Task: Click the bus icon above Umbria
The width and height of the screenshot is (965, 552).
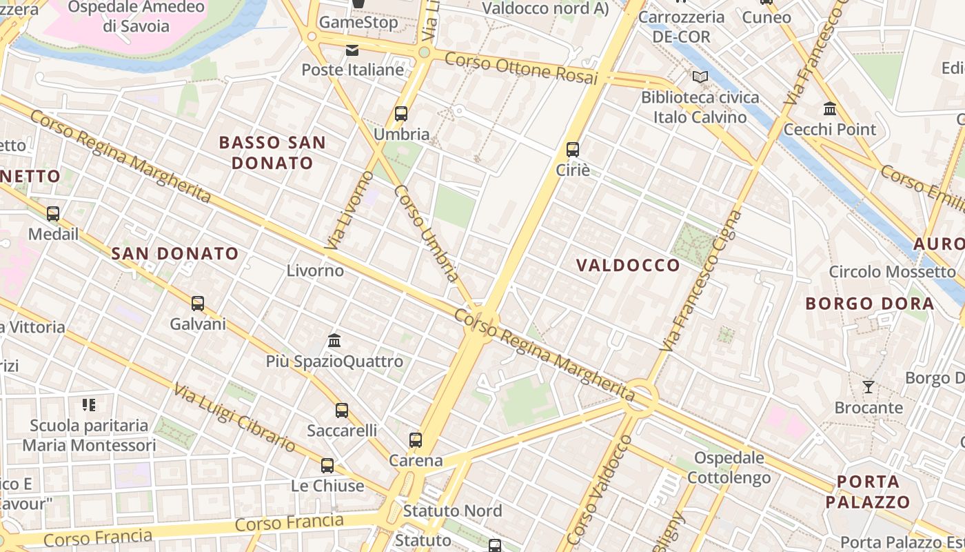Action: click(x=401, y=114)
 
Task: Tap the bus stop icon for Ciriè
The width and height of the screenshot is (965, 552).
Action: click(x=573, y=149)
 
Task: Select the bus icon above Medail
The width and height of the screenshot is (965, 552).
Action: click(x=53, y=214)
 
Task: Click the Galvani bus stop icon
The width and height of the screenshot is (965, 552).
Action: click(x=198, y=303)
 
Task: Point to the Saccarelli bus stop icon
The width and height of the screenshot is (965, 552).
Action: click(x=342, y=411)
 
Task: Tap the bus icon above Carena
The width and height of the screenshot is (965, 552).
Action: click(x=416, y=440)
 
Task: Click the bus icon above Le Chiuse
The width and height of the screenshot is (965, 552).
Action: click(x=327, y=465)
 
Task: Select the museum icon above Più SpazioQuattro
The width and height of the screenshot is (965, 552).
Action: click(x=335, y=340)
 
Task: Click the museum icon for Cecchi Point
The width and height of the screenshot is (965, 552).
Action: click(x=830, y=109)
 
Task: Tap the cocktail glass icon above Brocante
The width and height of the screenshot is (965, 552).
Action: click(x=868, y=387)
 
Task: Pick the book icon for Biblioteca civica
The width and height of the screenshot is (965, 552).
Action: click(x=700, y=77)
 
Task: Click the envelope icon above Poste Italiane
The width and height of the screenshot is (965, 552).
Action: click(x=352, y=50)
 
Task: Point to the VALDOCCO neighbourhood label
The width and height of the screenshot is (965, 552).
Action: click(x=628, y=265)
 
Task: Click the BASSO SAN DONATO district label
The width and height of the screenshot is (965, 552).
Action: click(x=272, y=153)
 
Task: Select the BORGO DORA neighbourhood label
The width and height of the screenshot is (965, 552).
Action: click(x=870, y=304)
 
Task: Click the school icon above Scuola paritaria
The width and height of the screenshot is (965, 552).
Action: click(x=89, y=404)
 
